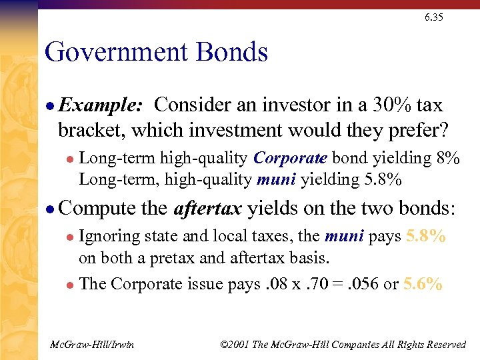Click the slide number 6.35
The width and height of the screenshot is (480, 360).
coord(433,17)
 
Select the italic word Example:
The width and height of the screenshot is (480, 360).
coord(100,105)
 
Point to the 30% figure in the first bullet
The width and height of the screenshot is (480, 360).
coord(373,105)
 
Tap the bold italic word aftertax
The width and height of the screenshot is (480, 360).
coord(207,209)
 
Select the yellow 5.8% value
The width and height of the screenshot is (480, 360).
coord(424,236)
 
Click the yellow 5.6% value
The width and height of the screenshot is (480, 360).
coord(423,284)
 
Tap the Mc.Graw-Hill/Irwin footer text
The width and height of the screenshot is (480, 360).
coord(93,344)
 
